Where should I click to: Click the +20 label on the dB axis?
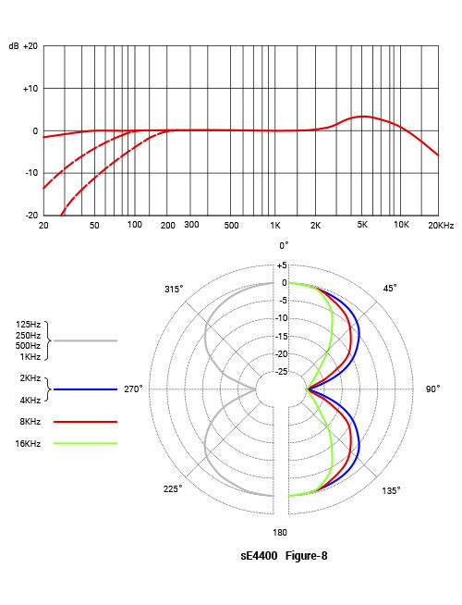point(30,45)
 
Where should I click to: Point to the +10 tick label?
point(30,88)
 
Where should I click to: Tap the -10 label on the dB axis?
point(30,172)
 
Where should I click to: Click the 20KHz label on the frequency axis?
point(440,225)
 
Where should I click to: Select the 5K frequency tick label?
point(363,225)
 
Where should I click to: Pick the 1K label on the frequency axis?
point(274,225)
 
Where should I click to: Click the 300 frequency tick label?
point(192,225)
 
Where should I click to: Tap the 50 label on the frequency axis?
point(94,225)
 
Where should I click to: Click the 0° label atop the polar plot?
point(284,245)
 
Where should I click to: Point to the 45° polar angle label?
point(390,289)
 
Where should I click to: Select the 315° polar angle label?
point(174,289)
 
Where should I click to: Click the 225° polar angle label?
point(174,488)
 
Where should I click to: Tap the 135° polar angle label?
point(392,490)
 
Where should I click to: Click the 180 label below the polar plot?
point(281,533)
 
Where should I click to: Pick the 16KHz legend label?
point(28,444)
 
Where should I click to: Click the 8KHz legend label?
point(29,421)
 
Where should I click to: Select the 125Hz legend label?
point(28,324)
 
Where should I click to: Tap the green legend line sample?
point(86,444)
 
